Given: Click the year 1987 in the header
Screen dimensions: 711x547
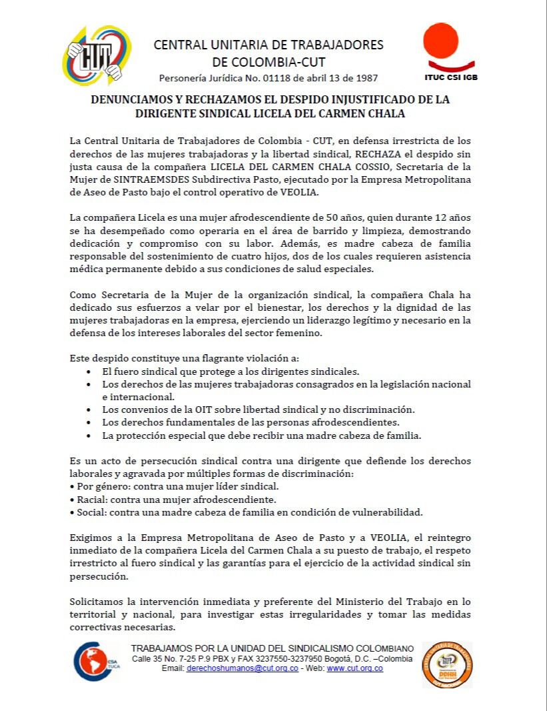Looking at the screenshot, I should [x=366, y=77].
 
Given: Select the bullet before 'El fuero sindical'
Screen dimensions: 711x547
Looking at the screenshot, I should [x=90, y=371].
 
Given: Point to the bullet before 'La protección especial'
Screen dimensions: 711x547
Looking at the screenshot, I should [x=90, y=436].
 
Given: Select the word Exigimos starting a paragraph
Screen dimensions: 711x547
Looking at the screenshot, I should [x=91, y=538].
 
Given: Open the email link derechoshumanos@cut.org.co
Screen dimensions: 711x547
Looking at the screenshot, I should [x=243, y=668].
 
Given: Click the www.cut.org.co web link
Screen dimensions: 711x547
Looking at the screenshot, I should [x=354, y=668].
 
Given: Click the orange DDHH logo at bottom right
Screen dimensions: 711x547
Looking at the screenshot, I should [x=447, y=664].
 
